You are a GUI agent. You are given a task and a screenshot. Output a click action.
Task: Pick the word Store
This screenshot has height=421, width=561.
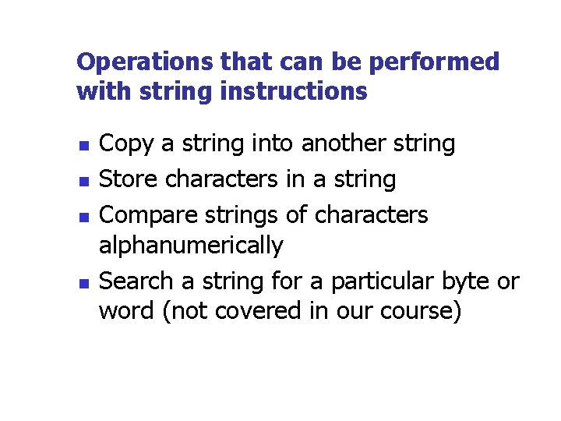(130, 179)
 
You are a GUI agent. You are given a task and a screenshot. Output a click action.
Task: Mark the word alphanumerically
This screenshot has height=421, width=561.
(191, 246)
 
